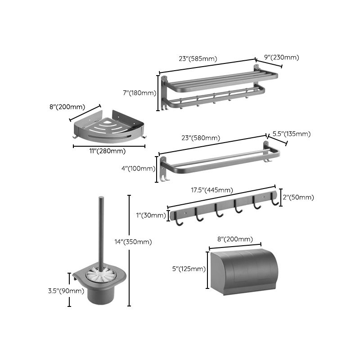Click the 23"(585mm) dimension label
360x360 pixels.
tap(198, 58)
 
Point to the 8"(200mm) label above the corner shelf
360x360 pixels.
tap(67, 107)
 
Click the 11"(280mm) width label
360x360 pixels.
tap(108, 151)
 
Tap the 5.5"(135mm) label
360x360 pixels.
tap(291, 134)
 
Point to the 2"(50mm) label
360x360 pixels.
tap(298, 197)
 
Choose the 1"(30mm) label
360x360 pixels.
tap(151, 215)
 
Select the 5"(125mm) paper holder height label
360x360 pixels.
tap(188, 269)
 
